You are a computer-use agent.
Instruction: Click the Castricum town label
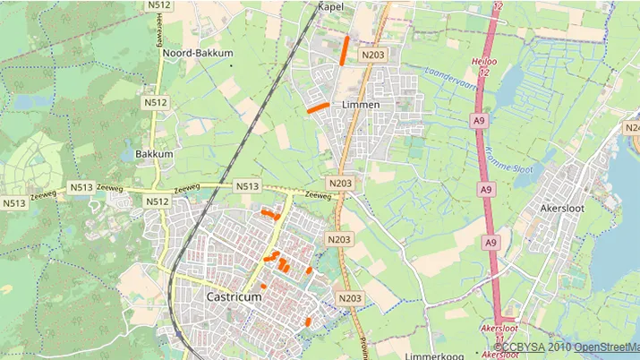pyautogui.click(x=234, y=296)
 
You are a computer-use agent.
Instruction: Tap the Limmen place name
pyautogui.click(x=361, y=105)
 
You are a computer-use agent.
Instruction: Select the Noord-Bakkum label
pyautogui.click(x=197, y=53)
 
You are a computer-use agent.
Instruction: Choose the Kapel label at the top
pyautogui.click(x=330, y=6)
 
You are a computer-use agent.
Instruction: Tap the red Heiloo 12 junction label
pyautogui.click(x=483, y=65)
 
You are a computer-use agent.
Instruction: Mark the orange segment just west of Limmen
pyautogui.click(x=318, y=107)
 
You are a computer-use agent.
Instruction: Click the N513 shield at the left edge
pyautogui.click(x=13, y=203)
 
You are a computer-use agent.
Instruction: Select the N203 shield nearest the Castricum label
pyautogui.click(x=349, y=298)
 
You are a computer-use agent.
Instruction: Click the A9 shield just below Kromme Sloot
pyautogui.click(x=486, y=190)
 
